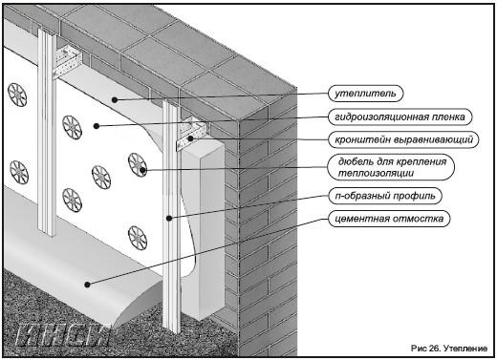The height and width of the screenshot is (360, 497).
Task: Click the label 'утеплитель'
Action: click(x=365, y=94)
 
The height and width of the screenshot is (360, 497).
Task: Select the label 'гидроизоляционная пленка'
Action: click(x=400, y=116)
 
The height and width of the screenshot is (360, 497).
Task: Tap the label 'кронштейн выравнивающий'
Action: click(x=403, y=139)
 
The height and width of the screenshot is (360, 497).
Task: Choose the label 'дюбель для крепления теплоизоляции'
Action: click(x=391, y=167)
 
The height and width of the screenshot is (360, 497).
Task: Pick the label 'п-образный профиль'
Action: click(x=385, y=196)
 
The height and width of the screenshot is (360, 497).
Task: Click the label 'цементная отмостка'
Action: click(x=389, y=219)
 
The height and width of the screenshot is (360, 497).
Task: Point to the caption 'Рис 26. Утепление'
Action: click(x=449, y=349)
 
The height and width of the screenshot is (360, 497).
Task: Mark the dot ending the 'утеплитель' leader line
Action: click(x=115, y=100)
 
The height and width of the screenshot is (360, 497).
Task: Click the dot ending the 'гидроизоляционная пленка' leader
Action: click(x=97, y=126)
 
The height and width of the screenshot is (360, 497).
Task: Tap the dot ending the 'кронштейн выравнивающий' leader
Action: click(x=190, y=138)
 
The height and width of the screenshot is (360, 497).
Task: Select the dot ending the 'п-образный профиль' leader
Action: click(x=169, y=218)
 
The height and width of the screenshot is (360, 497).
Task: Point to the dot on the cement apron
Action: click(x=87, y=285)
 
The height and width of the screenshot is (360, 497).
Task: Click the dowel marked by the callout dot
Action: click(x=138, y=164)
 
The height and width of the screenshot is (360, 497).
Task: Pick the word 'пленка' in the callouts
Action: click(x=448, y=116)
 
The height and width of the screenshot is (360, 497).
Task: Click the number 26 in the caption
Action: click(x=433, y=349)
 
